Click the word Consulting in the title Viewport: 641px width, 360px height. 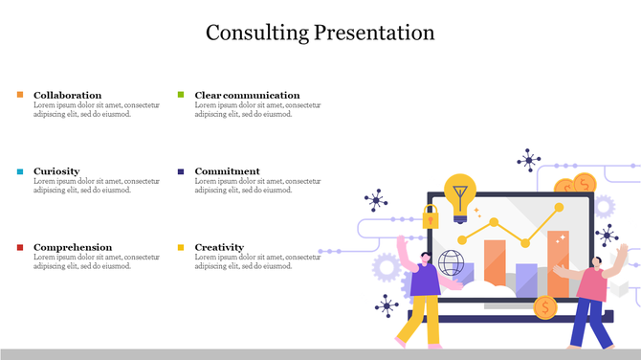256,33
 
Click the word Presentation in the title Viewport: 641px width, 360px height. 375,33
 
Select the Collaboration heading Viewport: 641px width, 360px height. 67,95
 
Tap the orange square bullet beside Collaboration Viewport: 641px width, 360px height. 20,95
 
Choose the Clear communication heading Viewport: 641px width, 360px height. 247,95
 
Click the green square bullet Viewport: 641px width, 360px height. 181,95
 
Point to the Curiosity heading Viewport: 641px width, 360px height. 56,171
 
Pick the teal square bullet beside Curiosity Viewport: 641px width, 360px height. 20,171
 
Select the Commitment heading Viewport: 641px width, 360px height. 227,171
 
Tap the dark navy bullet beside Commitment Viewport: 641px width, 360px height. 181,171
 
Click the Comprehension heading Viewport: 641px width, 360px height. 73,247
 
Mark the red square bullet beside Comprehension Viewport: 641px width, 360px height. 20,247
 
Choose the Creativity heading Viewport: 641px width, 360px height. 219,247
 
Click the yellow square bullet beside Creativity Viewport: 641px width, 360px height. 181,247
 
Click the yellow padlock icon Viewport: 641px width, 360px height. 431,215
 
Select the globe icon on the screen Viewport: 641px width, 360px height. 451,263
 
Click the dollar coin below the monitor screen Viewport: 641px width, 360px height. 545,306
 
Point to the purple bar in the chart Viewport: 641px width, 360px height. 526,278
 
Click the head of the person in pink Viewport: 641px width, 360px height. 595,259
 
